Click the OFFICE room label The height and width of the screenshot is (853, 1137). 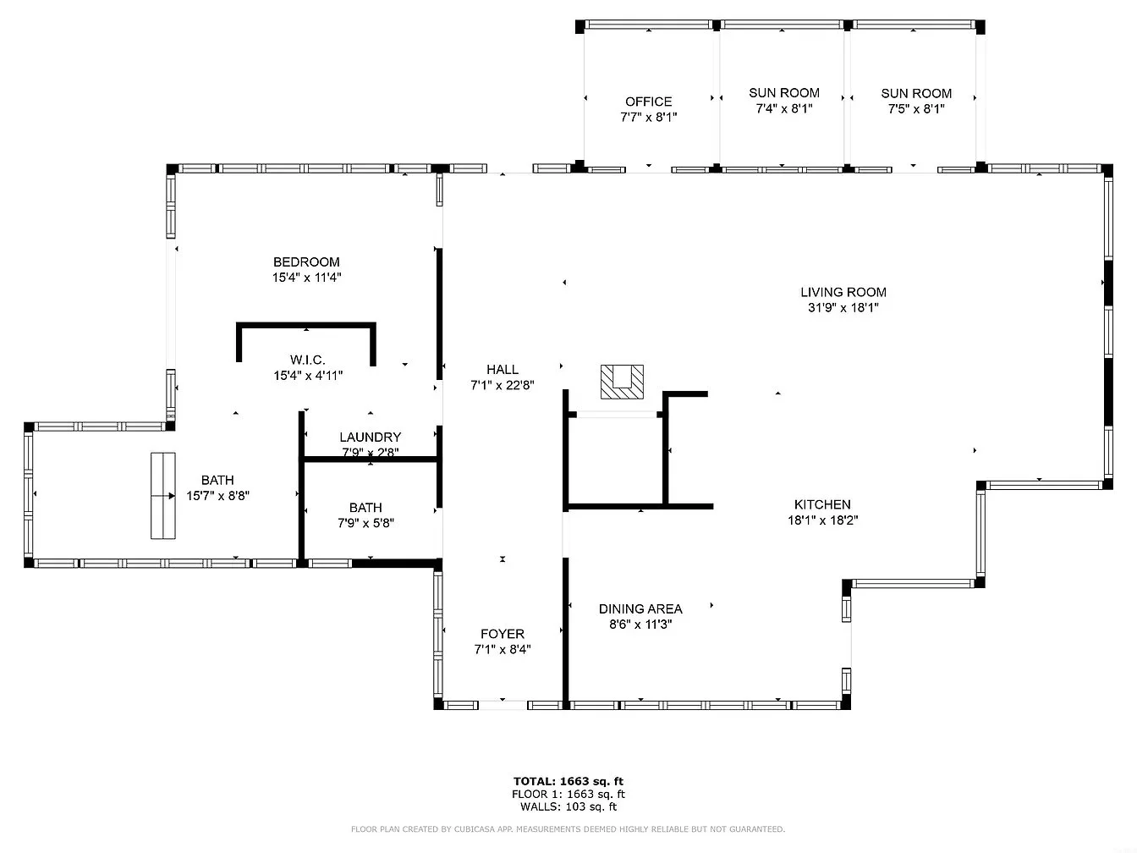click(648, 102)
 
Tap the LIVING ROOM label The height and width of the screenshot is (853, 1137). click(843, 292)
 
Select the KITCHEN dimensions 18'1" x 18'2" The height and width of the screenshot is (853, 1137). click(823, 520)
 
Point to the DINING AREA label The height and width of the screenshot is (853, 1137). click(640, 608)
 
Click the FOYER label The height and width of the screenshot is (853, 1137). click(503, 634)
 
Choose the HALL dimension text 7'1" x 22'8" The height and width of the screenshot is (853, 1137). click(502, 385)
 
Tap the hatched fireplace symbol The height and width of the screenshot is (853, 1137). click(622, 382)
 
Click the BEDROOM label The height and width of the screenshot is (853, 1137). click(306, 262)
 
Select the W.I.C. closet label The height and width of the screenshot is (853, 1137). click(308, 360)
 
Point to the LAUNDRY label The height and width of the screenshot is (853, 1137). click(371, 438)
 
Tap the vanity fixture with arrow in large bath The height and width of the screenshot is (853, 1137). click(163, 496)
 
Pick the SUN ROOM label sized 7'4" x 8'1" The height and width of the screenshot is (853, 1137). click(784, 93)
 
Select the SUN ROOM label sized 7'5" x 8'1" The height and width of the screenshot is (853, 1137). click(916, 94)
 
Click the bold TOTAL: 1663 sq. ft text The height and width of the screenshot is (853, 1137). click(568, 781)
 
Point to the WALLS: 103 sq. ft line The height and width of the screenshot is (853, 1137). click(568, 806)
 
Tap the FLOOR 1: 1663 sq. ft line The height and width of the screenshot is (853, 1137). click(568, 794)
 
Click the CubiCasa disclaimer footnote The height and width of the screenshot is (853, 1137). click(568, 829)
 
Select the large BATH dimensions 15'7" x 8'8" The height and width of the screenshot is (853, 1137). click(218, 496)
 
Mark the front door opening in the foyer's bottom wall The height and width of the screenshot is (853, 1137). click(503, 705)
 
